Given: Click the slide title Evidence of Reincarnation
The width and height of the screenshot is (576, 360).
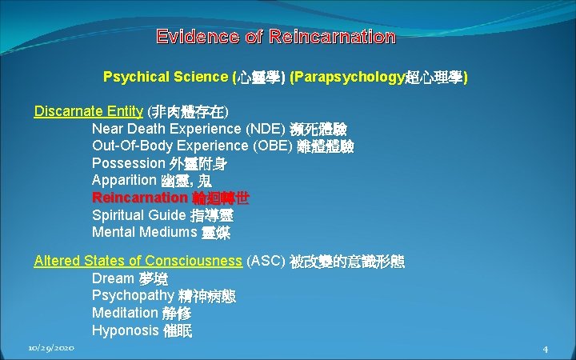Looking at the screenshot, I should click(x=276, y=37).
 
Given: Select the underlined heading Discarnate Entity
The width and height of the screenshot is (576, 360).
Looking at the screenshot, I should click(x=88, y=111).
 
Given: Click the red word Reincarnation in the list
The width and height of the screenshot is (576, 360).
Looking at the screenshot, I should click(x=138, y=198).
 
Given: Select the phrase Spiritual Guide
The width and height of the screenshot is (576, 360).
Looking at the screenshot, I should click(x=138, y=215).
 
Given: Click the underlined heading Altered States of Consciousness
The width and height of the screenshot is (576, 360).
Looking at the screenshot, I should click(x=138, y=261).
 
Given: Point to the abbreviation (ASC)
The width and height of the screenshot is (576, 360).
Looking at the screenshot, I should click(x=266, y=261).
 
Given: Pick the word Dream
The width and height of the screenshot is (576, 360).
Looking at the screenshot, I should click(x=113, y=278).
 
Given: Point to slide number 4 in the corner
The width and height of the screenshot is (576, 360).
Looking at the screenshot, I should click(x=545, y=349).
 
